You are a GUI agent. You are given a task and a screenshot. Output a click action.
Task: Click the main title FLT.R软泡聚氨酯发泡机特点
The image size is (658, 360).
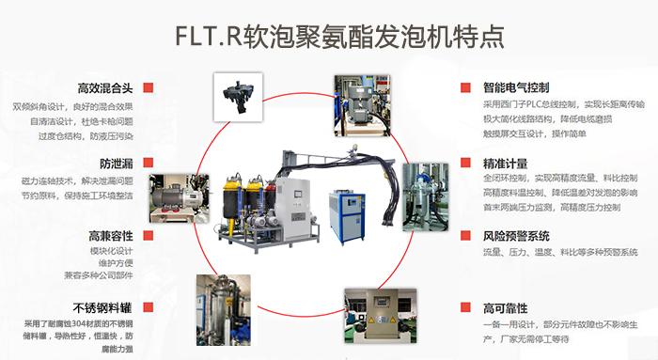coord(339,37)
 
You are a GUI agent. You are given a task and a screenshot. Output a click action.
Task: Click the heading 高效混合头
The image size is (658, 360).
coord(105,88)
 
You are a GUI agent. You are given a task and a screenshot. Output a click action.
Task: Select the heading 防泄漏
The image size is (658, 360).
coord(117,164)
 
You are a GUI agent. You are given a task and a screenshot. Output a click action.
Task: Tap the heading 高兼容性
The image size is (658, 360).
coord(111,236)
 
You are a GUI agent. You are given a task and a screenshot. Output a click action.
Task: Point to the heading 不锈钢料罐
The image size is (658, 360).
coord(102,308)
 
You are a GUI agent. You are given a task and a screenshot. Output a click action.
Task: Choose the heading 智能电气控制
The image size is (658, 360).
coord(516,87)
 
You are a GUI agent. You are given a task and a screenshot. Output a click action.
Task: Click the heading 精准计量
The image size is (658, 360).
coord(506,164)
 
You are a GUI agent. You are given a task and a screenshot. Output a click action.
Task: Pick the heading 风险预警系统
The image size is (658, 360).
coord(516,236)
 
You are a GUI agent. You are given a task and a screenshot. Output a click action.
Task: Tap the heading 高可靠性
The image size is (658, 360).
coord(506,308)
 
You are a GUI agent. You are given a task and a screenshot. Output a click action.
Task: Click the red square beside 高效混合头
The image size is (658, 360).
coord(149,87)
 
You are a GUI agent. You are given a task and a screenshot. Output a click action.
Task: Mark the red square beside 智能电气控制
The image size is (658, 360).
coord(465,87)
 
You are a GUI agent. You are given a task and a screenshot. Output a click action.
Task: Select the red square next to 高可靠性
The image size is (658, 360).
coord(465,307)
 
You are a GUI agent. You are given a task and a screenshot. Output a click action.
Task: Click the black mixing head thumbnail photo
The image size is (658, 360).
coord(239,98)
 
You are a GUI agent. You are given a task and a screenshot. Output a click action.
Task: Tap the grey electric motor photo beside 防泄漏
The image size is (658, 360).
coord(180,198)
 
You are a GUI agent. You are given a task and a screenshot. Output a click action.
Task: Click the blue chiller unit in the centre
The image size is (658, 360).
coord(347,217)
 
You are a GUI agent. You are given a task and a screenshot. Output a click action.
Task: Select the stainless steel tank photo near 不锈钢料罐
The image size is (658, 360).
coord(224,310)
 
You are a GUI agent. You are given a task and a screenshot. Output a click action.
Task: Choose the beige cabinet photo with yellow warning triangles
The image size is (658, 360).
coord(381,316)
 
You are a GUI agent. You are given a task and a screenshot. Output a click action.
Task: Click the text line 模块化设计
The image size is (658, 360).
coord(111,251)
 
